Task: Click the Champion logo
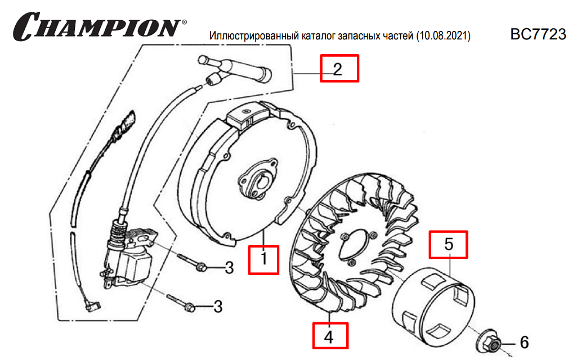coord(99,26)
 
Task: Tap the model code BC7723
coord(538,34)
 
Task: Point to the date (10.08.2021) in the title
coord(444,35)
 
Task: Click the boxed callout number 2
coord(339,69)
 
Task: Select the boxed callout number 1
coord(263,260)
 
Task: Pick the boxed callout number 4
coord(330,336)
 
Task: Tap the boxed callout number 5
coord(448,245)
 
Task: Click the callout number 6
coord(525,343)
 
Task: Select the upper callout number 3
coord(229,268)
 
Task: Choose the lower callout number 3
coord(218,306)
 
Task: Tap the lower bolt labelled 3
coord(180,303)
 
